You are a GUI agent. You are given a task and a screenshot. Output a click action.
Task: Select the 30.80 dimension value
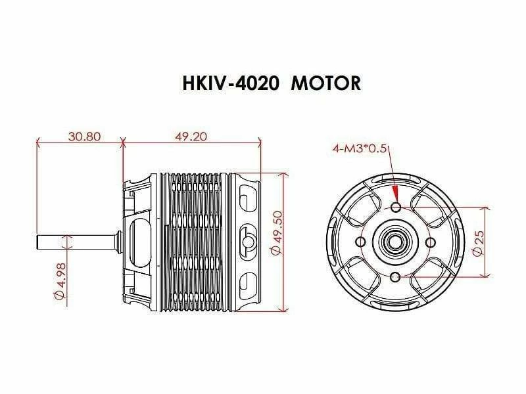click(84, 137)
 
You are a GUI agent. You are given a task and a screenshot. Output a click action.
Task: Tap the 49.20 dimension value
click(191, 137)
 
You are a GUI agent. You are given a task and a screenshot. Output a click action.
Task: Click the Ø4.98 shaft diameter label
click(60, 283)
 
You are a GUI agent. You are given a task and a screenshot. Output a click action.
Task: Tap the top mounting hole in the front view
click(395, 208)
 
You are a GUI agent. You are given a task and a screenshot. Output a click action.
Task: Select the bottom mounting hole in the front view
click(395, 276)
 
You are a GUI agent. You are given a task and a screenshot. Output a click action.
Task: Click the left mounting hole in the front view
click(361, 242)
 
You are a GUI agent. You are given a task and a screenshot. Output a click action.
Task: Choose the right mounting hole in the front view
click(429, 242)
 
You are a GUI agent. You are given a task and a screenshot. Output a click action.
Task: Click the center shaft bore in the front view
click(395, 242)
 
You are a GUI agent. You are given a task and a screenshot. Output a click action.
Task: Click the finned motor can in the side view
click(194, 241)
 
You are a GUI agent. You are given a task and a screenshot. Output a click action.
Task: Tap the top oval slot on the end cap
click(247, 198)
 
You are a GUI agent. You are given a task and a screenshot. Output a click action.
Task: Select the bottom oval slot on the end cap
click(247, 284)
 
